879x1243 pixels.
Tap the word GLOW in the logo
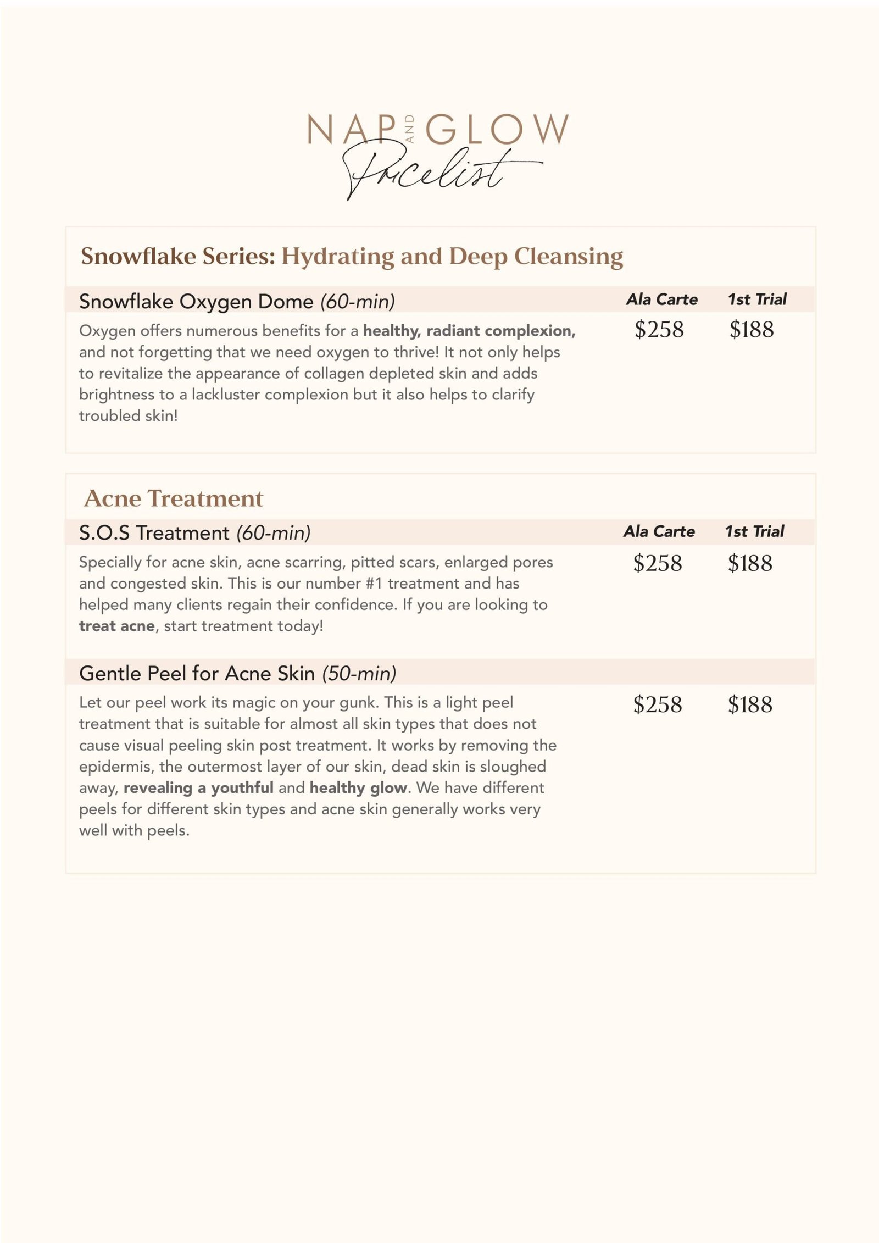(497, 130)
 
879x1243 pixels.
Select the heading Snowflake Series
(178, 256)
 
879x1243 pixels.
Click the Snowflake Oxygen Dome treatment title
(196, 301)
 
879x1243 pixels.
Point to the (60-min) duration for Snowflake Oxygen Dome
(358, 301)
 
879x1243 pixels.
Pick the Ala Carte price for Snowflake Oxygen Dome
(659, 330)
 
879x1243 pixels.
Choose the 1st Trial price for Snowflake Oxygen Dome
(752, 330)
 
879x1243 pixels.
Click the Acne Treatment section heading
(174, 498)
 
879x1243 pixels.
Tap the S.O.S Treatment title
(154, 533)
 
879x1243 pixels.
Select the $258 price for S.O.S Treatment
(658, 563)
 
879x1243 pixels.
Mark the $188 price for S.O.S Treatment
(750, 563)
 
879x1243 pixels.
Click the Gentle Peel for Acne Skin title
(197, 673)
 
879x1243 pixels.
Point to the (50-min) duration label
(359, 673)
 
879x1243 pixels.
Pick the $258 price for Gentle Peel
(658, 704)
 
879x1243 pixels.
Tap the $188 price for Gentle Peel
(750, 704)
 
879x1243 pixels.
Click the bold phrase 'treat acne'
(116, 626)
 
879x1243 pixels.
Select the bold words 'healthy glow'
(358, 787)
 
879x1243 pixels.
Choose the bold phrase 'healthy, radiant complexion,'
(469, 331)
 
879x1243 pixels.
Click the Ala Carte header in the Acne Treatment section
(659, 531)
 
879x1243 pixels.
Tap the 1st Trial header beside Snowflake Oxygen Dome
(757, 299)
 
